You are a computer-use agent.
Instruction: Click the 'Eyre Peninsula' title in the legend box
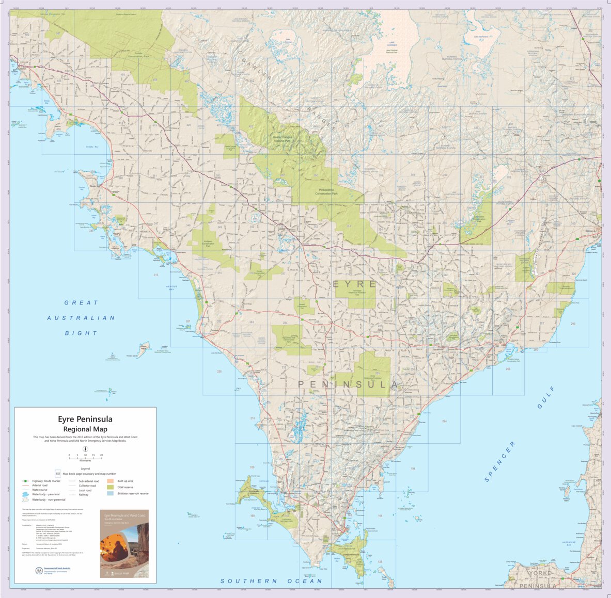(x=85, y=419)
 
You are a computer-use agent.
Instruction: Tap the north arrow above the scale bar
(x=85, y=449)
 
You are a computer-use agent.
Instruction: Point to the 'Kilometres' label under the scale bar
(x=85, y=460)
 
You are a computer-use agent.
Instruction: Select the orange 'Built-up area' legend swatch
(x=111, y=481)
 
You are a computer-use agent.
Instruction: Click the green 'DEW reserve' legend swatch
(x=111, y=487)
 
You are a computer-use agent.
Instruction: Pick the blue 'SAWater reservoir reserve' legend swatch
(x=111, y=493)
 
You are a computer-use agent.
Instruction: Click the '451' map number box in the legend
(x=58, y=473)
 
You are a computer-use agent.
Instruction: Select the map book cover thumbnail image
(x=124, y=543)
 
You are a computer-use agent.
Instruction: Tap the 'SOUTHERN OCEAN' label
(x=271, y=581)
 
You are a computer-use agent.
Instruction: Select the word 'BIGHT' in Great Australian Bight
(x=81, y=333)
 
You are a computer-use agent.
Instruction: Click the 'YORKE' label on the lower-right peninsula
(x=540, y=573)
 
